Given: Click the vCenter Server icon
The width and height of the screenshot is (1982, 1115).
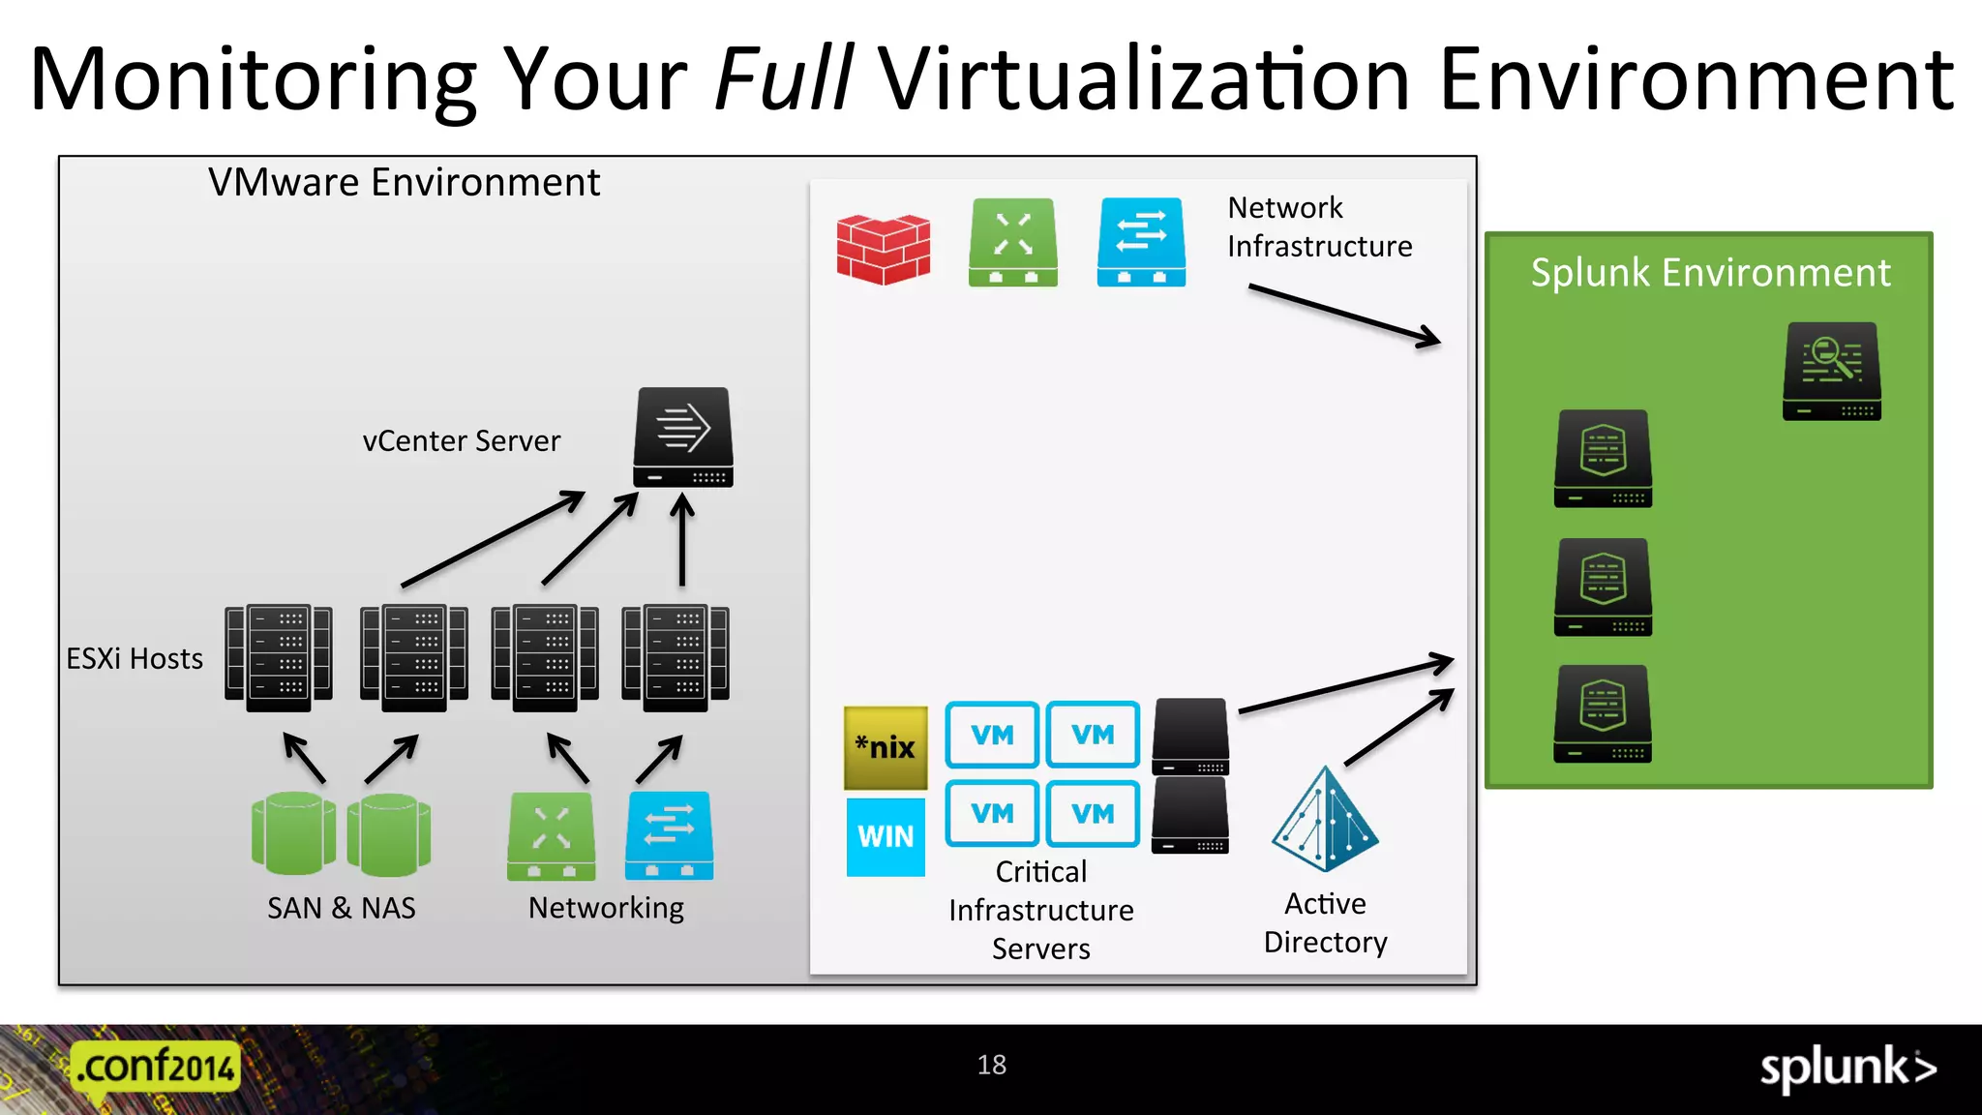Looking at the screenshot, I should (x=683, y=437).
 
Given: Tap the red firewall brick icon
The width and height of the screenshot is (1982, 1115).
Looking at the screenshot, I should (x=883, y=249).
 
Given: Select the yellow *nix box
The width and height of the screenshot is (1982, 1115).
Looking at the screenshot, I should (x=886, y=747).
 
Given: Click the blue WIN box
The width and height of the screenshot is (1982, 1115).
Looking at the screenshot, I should (x=886, y=836).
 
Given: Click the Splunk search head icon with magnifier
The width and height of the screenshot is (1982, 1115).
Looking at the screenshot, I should (x=1832, y=372).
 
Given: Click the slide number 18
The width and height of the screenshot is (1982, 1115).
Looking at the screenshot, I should (x=992, y=1065).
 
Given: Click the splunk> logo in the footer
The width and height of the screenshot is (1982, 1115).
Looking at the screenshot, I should (x=1847, y=1069).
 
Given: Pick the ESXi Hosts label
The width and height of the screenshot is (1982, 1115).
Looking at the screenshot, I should (x=135, y=659).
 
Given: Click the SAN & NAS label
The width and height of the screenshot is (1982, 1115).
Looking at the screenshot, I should (x=342, y=908).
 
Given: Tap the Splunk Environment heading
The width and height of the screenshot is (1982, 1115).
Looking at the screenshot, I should (x=1710, y=273).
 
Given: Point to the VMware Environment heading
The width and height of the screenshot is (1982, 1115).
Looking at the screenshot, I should (x=404, y=183).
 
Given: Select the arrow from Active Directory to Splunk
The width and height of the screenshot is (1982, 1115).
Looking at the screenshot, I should (x=1399, y=727).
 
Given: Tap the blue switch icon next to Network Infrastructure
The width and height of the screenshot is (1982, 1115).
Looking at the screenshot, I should (x=1141, y=242).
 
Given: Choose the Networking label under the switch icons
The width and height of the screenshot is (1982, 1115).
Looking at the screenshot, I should (x=606, y=908).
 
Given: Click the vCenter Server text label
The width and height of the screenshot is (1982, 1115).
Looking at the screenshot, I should (x=462, y=441).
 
